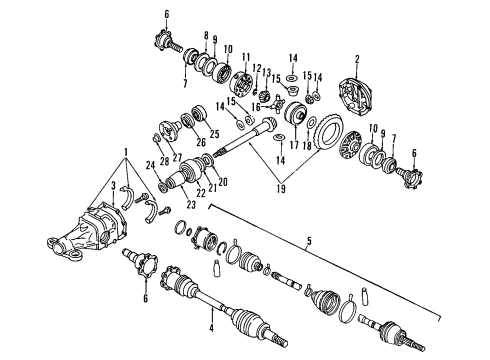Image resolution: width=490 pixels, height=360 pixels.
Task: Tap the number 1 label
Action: [x=124, y=153]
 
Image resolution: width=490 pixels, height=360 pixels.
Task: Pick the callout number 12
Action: [x=257, y=67]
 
